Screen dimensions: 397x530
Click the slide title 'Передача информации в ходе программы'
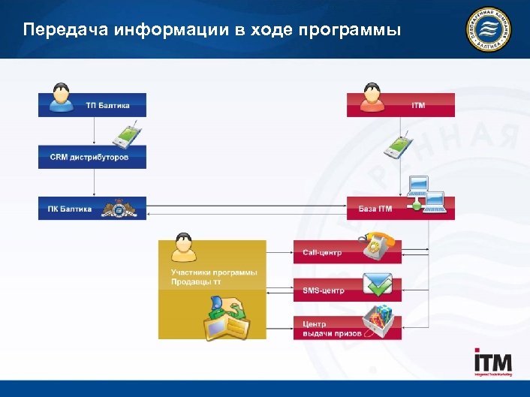pyautogui.click(x=212, y=31)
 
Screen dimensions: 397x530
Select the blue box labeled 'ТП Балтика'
pyautogui.click(x=92, y=105)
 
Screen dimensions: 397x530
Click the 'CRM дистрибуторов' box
pyautogui.click(x=92, y=157)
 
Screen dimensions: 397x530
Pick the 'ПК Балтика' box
pyautogui.click(x=92, y=208)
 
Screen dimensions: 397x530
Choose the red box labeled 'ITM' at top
pyautogui.click(x=400, y=105)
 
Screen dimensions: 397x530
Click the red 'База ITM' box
pyautogui.click(x=400, y=208)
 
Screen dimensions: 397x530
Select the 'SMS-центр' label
pyautogui.click(x=324, y=290)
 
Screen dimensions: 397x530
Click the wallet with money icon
pyautogui.click(x=227, y=319)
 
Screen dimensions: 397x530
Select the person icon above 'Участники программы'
pyautogui.click(x=183, y=245)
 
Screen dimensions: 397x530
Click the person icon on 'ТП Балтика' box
pyautogui.click(x=61, y=97)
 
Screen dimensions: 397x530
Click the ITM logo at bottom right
pyautogui.click(x=493, y=363)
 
